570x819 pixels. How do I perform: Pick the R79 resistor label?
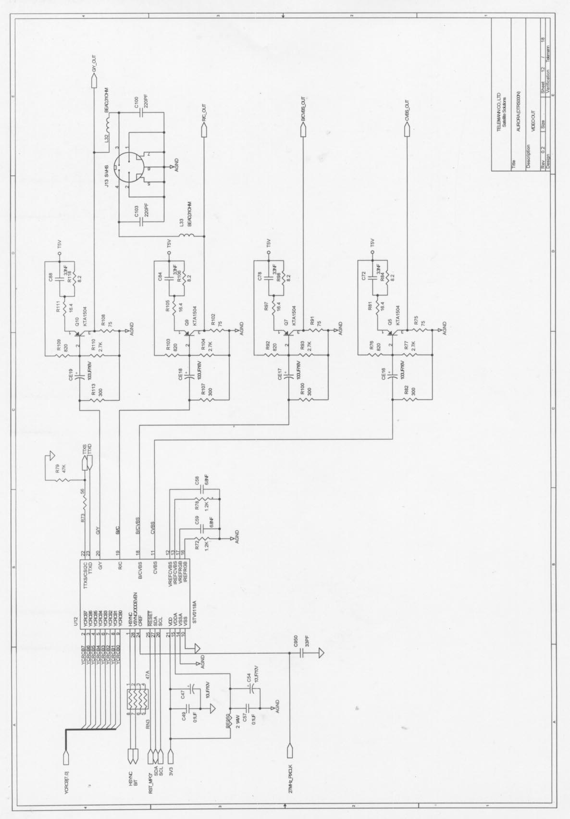57,468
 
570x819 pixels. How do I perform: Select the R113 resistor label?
93,394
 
